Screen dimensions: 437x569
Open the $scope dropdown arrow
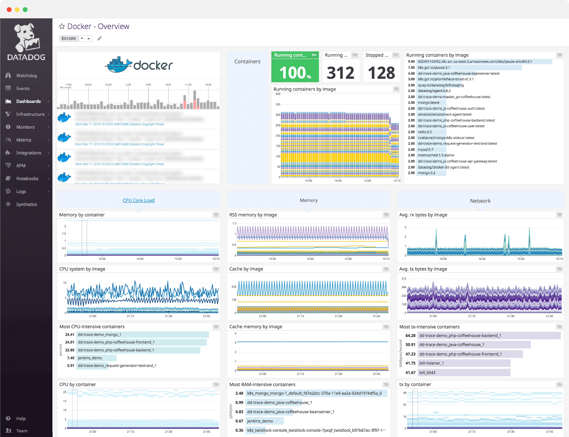pos(89,38)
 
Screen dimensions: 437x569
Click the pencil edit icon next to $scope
pos(100,38)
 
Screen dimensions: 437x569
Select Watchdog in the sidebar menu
pos(26,75)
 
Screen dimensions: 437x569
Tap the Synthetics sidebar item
pos(26,204)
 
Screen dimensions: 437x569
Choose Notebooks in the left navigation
pos(27,178)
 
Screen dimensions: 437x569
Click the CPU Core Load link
pos(138,200)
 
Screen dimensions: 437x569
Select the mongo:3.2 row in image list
pos(427,173)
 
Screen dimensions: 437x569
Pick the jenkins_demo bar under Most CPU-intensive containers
pos(90,358)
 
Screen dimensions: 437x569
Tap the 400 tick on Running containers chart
pos(278,94)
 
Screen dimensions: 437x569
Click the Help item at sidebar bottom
pos(21,419)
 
